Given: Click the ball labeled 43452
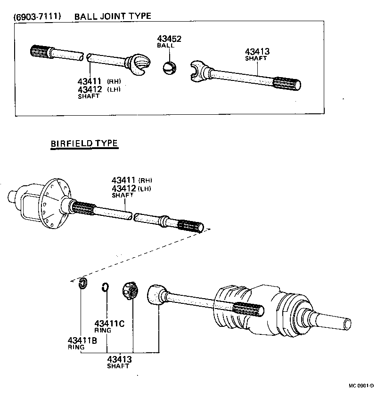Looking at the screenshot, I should tap(169, 68).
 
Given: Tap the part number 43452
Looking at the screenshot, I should tap(169, 39).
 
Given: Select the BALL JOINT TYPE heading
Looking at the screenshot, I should tap(113, 16).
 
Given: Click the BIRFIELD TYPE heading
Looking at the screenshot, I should tap(84, 143).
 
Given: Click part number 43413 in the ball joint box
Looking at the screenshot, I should tap(257, 52).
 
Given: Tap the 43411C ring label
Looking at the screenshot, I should tap(109, 324).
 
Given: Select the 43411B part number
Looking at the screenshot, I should tap(82, 341).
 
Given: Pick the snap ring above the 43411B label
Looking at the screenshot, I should tap(82, 284).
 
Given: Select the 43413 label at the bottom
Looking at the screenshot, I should tap(119, 359).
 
